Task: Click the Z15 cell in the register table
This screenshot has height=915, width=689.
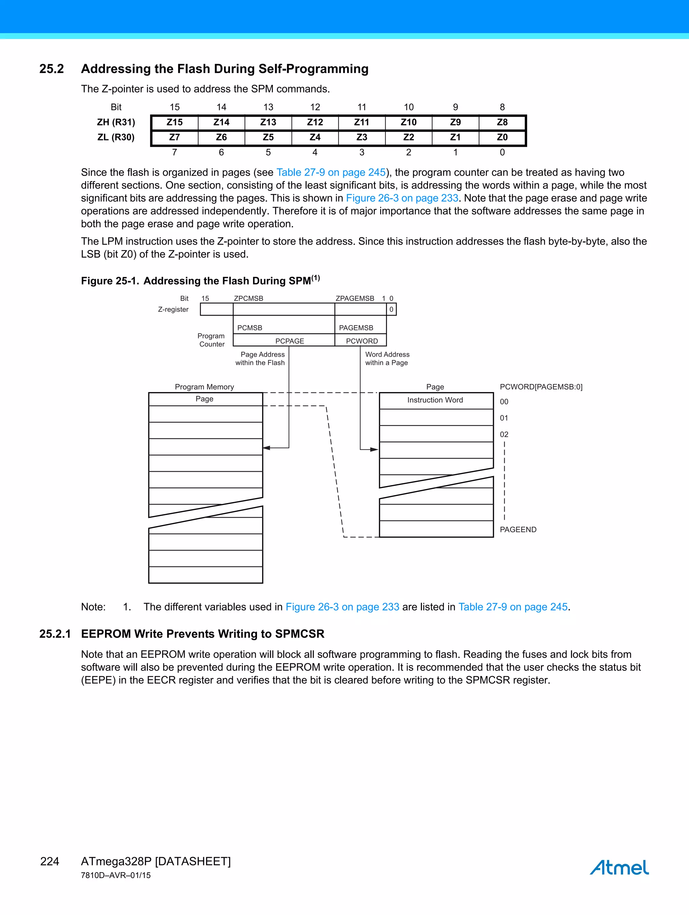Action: pos(175,122)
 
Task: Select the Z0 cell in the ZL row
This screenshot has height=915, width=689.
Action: pos(502,137)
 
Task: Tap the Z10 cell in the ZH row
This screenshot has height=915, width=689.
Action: pos(409,122)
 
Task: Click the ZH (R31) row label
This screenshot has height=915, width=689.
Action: pos(116,122)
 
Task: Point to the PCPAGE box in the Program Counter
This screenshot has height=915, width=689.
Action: pos(290,341)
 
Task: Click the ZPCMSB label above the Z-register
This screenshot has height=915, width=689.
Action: pos(249,298)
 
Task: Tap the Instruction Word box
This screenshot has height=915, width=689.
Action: pos(435,400)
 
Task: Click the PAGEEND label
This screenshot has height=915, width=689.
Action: pos(518,529)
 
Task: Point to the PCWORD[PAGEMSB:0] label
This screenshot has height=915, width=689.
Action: pos(541,387)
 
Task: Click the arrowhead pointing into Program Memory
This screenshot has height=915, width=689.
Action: pos(267,448)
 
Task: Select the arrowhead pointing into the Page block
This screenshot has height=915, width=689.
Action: pos(374,449)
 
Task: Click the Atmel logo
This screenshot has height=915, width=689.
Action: pos(619,868)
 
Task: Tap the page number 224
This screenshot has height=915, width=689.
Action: pos(50,861)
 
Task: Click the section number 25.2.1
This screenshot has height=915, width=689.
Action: pos(55,634)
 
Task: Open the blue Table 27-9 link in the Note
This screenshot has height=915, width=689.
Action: pos(513,607)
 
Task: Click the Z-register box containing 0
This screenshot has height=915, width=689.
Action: pos(391,309)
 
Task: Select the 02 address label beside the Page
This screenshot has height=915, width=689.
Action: pos(504,434)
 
